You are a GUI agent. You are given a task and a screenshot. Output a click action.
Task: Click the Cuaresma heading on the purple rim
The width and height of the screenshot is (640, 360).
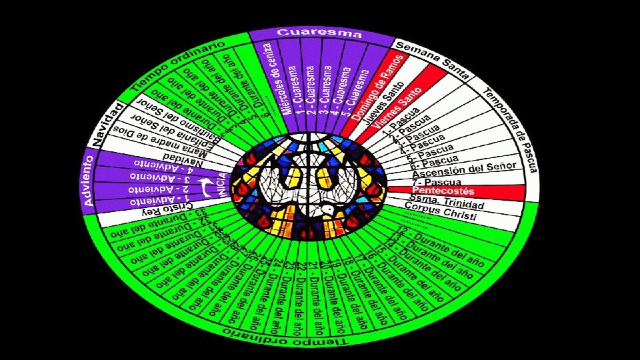coord(319,33)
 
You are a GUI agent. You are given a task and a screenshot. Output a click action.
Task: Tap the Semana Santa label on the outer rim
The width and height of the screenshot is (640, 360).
coord(432,59)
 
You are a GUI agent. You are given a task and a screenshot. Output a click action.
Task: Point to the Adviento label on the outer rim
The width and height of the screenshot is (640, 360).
coord(88,181)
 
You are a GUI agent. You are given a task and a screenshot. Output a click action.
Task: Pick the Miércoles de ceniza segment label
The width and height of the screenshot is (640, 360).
coord(275,79)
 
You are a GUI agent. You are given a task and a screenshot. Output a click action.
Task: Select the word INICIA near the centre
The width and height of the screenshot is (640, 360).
coord(222,185)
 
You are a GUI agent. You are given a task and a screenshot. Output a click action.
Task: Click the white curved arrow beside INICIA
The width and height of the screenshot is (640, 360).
coord(208,187)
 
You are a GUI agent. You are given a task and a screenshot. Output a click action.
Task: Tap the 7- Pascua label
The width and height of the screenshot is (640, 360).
coord(437,181)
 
